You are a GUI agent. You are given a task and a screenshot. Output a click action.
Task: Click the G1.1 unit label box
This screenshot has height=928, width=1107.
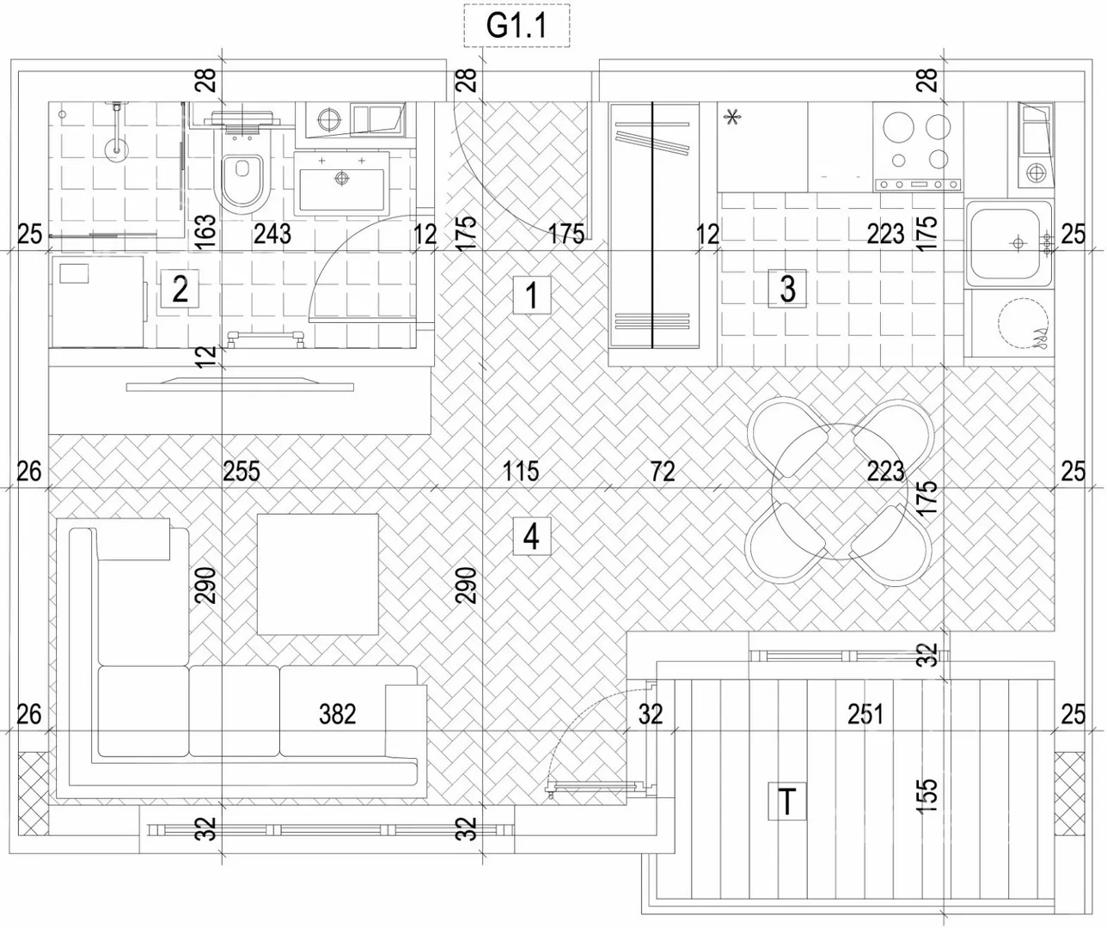(x=517, y=26)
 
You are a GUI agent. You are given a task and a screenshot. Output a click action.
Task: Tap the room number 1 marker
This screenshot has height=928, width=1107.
(x=532, y=295)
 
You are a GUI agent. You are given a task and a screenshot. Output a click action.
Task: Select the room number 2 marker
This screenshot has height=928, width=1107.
(x=180, y=289)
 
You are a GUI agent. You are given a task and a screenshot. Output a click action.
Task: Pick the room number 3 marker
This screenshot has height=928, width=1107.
(x=787, y=289)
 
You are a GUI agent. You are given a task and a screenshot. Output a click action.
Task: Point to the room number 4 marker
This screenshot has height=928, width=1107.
(x=532, y=536)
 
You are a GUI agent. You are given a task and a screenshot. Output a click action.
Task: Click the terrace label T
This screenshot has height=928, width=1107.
(x=787, y=802)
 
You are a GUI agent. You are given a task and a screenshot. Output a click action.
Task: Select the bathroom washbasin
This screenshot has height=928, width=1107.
(x=342, y=184)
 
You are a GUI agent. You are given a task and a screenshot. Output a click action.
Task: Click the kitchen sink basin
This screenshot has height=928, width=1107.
(x=1007, y=244)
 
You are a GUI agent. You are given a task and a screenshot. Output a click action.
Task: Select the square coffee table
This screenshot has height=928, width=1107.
(x=317, y=574)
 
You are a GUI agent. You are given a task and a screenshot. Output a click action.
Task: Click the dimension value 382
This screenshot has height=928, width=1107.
(x=337, y=714)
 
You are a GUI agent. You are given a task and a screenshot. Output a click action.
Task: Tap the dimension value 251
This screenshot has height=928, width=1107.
(x=865, y=714)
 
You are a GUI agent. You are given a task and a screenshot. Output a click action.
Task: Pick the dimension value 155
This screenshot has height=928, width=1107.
(x=927, y=795)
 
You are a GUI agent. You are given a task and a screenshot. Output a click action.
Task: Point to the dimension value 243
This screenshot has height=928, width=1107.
(x=272, y=234)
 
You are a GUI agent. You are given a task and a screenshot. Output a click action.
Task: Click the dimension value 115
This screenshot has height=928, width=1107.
(x=521, y=471)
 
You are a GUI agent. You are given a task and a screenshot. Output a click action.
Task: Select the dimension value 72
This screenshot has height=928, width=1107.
(x=663, y=471)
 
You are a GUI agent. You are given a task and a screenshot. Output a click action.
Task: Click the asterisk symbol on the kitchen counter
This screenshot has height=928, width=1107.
(x=732, y=117)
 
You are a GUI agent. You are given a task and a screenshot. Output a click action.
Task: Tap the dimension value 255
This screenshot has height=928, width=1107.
(x=242, y=471)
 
